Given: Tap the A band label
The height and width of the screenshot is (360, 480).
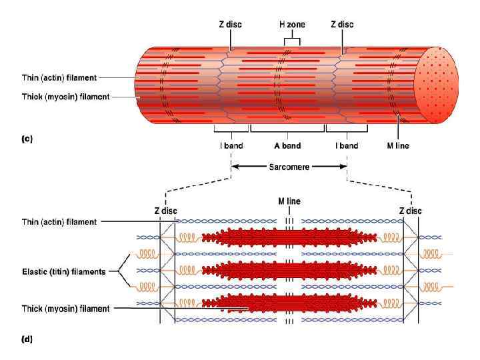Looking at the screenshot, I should (x=288, y=145).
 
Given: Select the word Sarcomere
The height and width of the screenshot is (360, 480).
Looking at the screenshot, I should (x=288, y=167).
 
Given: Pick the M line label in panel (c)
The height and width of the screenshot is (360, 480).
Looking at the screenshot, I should (x=399, y=145).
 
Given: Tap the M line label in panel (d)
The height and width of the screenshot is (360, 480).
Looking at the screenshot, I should (x=289, y=200).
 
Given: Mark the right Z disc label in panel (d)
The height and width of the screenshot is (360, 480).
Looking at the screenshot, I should (x=411, y=211).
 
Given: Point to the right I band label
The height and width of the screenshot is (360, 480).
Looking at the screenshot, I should (x=346, y=145).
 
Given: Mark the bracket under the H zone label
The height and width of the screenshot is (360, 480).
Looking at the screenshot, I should (x=291, y=40).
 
